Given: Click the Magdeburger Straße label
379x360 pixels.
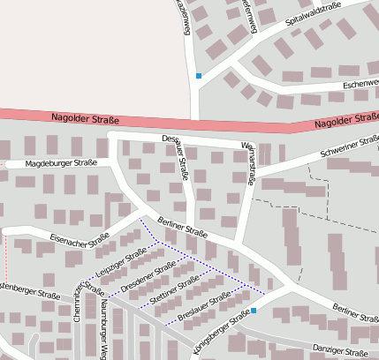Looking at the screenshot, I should tap(61, 163).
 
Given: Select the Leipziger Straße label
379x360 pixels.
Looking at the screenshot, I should tap(121, 263).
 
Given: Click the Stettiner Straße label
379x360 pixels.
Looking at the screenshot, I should tap(175, 291).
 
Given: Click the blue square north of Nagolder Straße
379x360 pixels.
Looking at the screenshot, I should tap(199, 76).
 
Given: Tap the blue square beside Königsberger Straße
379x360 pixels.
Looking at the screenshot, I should tap(254, 311).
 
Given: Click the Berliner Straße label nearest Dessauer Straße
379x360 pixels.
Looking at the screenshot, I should tap(182, 228).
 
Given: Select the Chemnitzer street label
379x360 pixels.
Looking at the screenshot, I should tap(77, 302).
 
